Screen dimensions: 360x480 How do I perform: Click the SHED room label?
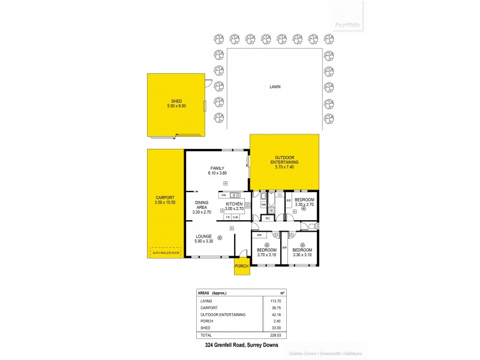pos(176,101)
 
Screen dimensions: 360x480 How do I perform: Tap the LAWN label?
pos(275,87)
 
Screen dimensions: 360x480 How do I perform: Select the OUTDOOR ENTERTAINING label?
pos(286,160)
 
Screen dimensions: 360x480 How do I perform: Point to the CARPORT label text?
pos(164,197)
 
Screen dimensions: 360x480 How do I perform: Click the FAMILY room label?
pos(217,168)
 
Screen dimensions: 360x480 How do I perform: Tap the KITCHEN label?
pos(234,204)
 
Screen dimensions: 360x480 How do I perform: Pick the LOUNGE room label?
pos(203,236)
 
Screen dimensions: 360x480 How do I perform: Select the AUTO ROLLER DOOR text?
pos(166,253)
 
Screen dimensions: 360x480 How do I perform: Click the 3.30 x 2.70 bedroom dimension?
pos(304,205)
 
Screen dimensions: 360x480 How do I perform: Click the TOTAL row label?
pos(205,335)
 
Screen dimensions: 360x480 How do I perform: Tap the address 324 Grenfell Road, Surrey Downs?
pos(239,347)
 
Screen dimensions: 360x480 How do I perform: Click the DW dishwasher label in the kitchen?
pos(223,195)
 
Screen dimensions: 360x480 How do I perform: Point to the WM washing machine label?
pos(263,205)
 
